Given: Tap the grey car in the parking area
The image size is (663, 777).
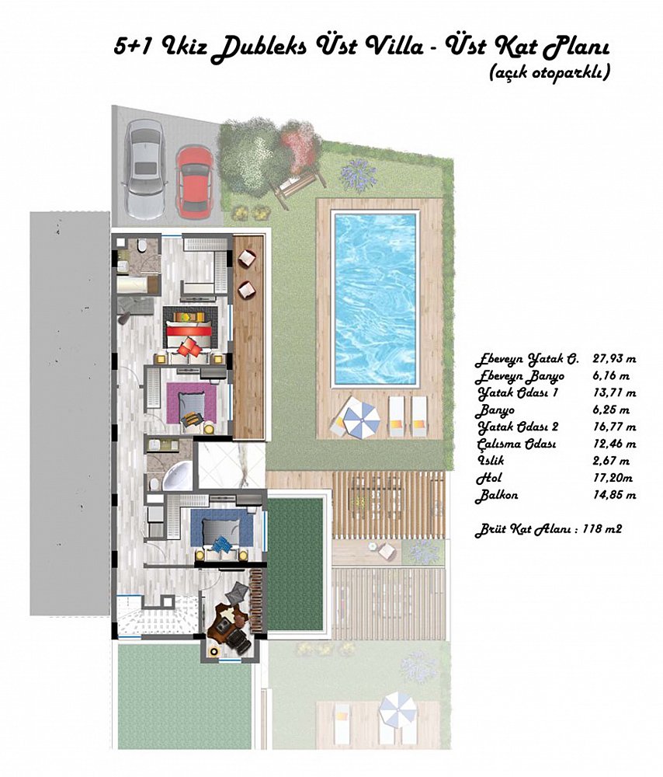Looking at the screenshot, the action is coord(144,169).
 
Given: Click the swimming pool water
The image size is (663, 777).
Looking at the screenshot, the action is coord(375,298).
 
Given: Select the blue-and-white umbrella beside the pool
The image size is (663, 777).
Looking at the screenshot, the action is coord(362,418).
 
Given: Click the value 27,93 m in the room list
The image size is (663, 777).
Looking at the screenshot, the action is coord(614,359).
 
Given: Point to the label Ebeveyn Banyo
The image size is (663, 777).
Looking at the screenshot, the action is coord(519,377).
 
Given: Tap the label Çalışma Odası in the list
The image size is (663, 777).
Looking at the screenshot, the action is coord(516,444).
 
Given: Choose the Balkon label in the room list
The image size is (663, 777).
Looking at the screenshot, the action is coord(496,495).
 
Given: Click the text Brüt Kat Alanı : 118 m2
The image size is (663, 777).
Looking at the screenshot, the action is coord(549,529).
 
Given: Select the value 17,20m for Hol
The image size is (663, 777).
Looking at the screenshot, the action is coord(613,478).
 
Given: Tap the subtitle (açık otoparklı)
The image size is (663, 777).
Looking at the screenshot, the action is coord(549,73).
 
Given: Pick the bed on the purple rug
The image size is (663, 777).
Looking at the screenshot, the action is coord(191,403).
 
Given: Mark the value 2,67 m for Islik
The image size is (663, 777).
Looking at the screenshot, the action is coord(611,461).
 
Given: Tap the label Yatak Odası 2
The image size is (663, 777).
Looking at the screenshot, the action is coord(518,427).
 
